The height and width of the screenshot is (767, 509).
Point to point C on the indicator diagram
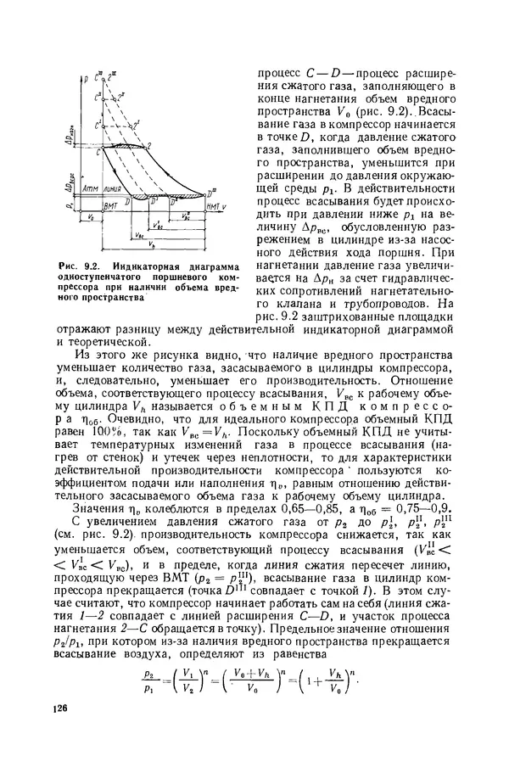click(98, 148)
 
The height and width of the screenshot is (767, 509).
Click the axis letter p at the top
click(87, 79)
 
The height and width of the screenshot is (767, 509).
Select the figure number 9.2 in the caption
click(100, 269)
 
